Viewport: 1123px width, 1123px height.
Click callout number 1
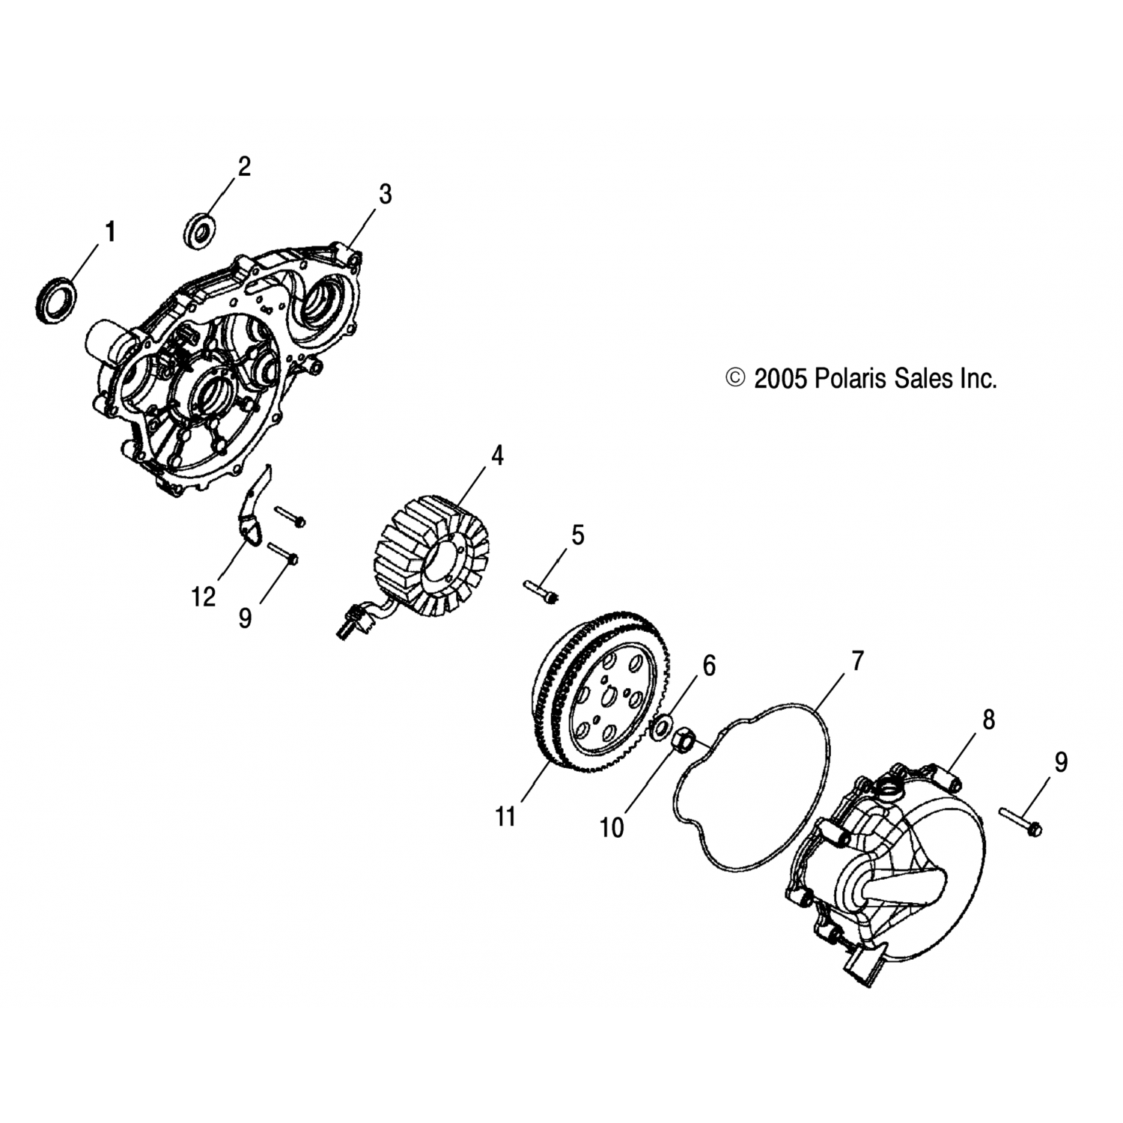[110, 232]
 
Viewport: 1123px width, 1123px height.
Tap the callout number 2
[244, 166]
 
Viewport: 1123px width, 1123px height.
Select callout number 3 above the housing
[385, 194]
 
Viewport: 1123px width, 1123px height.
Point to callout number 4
[496, 455]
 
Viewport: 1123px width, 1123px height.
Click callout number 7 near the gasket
[857, 661]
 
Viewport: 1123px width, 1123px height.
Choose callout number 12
[203, 597]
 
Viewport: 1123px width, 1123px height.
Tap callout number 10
[612, 827]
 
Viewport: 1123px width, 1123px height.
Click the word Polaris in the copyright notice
[849, 378]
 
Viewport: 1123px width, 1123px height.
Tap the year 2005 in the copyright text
[779, 379]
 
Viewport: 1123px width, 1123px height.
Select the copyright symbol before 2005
[737, 378]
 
